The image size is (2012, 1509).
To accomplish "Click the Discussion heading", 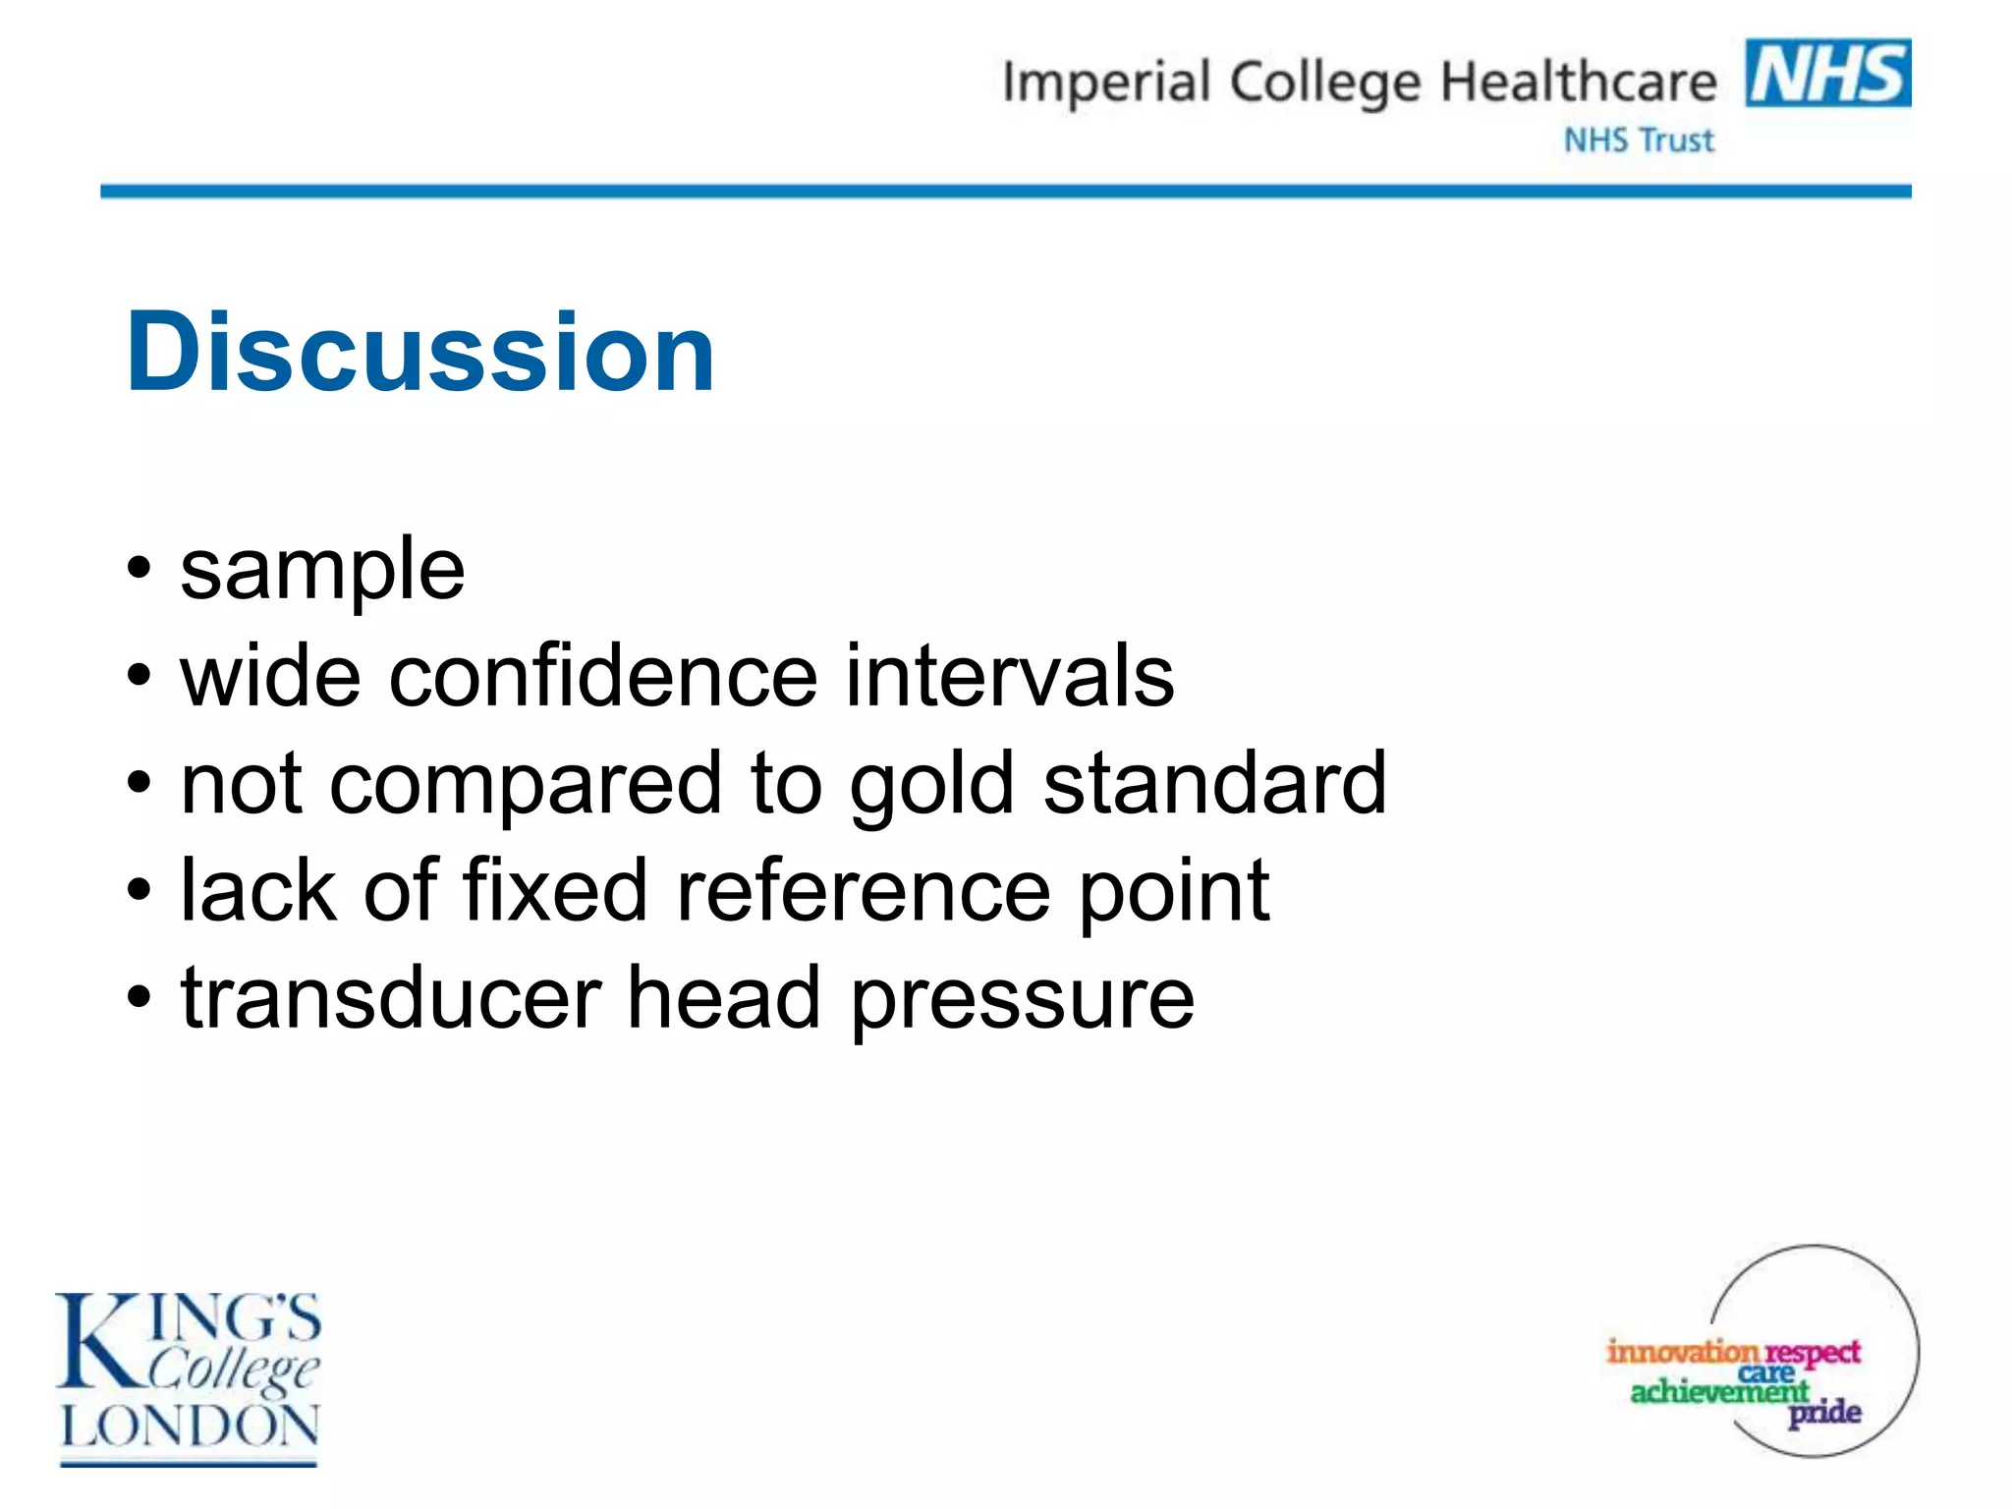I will pyautogui.click(x=420, y=352).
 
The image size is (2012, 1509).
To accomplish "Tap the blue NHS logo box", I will pyautogui.click(x=1827, y=73).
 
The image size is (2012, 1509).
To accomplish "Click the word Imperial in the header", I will pyautogui.click(x=1105, y=83).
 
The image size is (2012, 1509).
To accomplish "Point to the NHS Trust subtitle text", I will pyautogui.click(x=1639, y=140).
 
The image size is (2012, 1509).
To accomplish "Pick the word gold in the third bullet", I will pyautogui.click(x=931, y=786).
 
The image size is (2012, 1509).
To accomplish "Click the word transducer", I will pyautogui.click(x=391, y=998).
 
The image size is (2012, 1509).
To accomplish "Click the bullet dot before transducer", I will pyautogui.click(x=140, y=998).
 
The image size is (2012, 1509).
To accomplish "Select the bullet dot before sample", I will pyautogui.click(x=140, y=568).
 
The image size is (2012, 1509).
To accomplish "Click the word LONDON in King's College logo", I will pyautogui.click(x=190, y=1425).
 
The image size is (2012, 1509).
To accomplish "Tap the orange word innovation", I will pyautogui.click(x=1682, y=1352).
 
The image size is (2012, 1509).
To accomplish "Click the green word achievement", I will pyautogui.click(x=1719, y=1391).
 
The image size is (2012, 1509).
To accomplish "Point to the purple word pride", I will pyautogui.click(x=1824, y=1413).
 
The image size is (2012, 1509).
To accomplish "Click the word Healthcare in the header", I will pyautogui.click(x=1578, y=82).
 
